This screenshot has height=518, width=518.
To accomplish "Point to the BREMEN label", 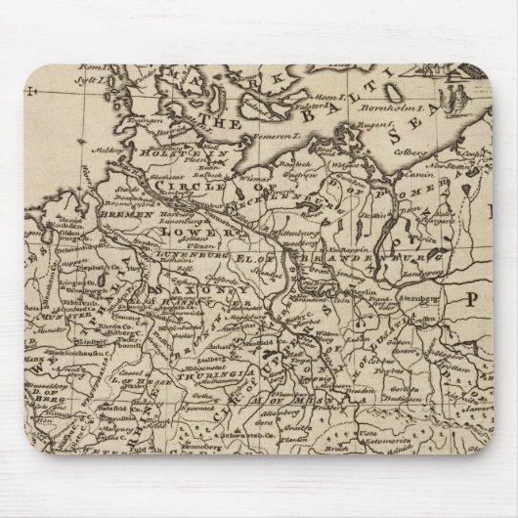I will [131, 212].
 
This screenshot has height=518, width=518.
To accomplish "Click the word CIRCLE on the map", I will [200, 185].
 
